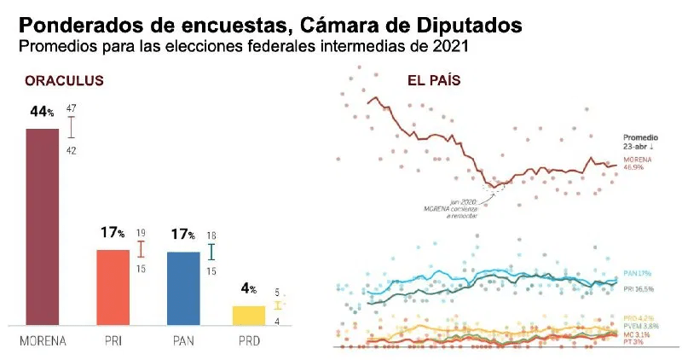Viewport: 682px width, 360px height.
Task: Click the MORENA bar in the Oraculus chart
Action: tap(43, 226)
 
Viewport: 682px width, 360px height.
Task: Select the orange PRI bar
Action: tap(113, 287)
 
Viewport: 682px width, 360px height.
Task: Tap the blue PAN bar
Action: tap(184, 288)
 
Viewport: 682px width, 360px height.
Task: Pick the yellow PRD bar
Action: tap(249, 315)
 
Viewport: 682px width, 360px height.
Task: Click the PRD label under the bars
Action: tap(248, 340)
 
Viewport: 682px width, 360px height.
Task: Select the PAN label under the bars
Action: tap(183, 340)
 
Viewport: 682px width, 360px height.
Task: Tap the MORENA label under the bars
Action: tap(43, 340)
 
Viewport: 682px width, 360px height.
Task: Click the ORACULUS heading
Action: tap(65, 81)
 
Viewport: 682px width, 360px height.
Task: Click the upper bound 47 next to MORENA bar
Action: tap(72, 108)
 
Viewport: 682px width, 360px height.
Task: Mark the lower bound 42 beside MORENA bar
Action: tap(72, 150)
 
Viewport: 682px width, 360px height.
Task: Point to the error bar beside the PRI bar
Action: tap(142, 249)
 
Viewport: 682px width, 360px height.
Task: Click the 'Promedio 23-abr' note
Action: tap(639, 142)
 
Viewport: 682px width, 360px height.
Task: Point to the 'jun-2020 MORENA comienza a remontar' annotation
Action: tap(451, 209)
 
